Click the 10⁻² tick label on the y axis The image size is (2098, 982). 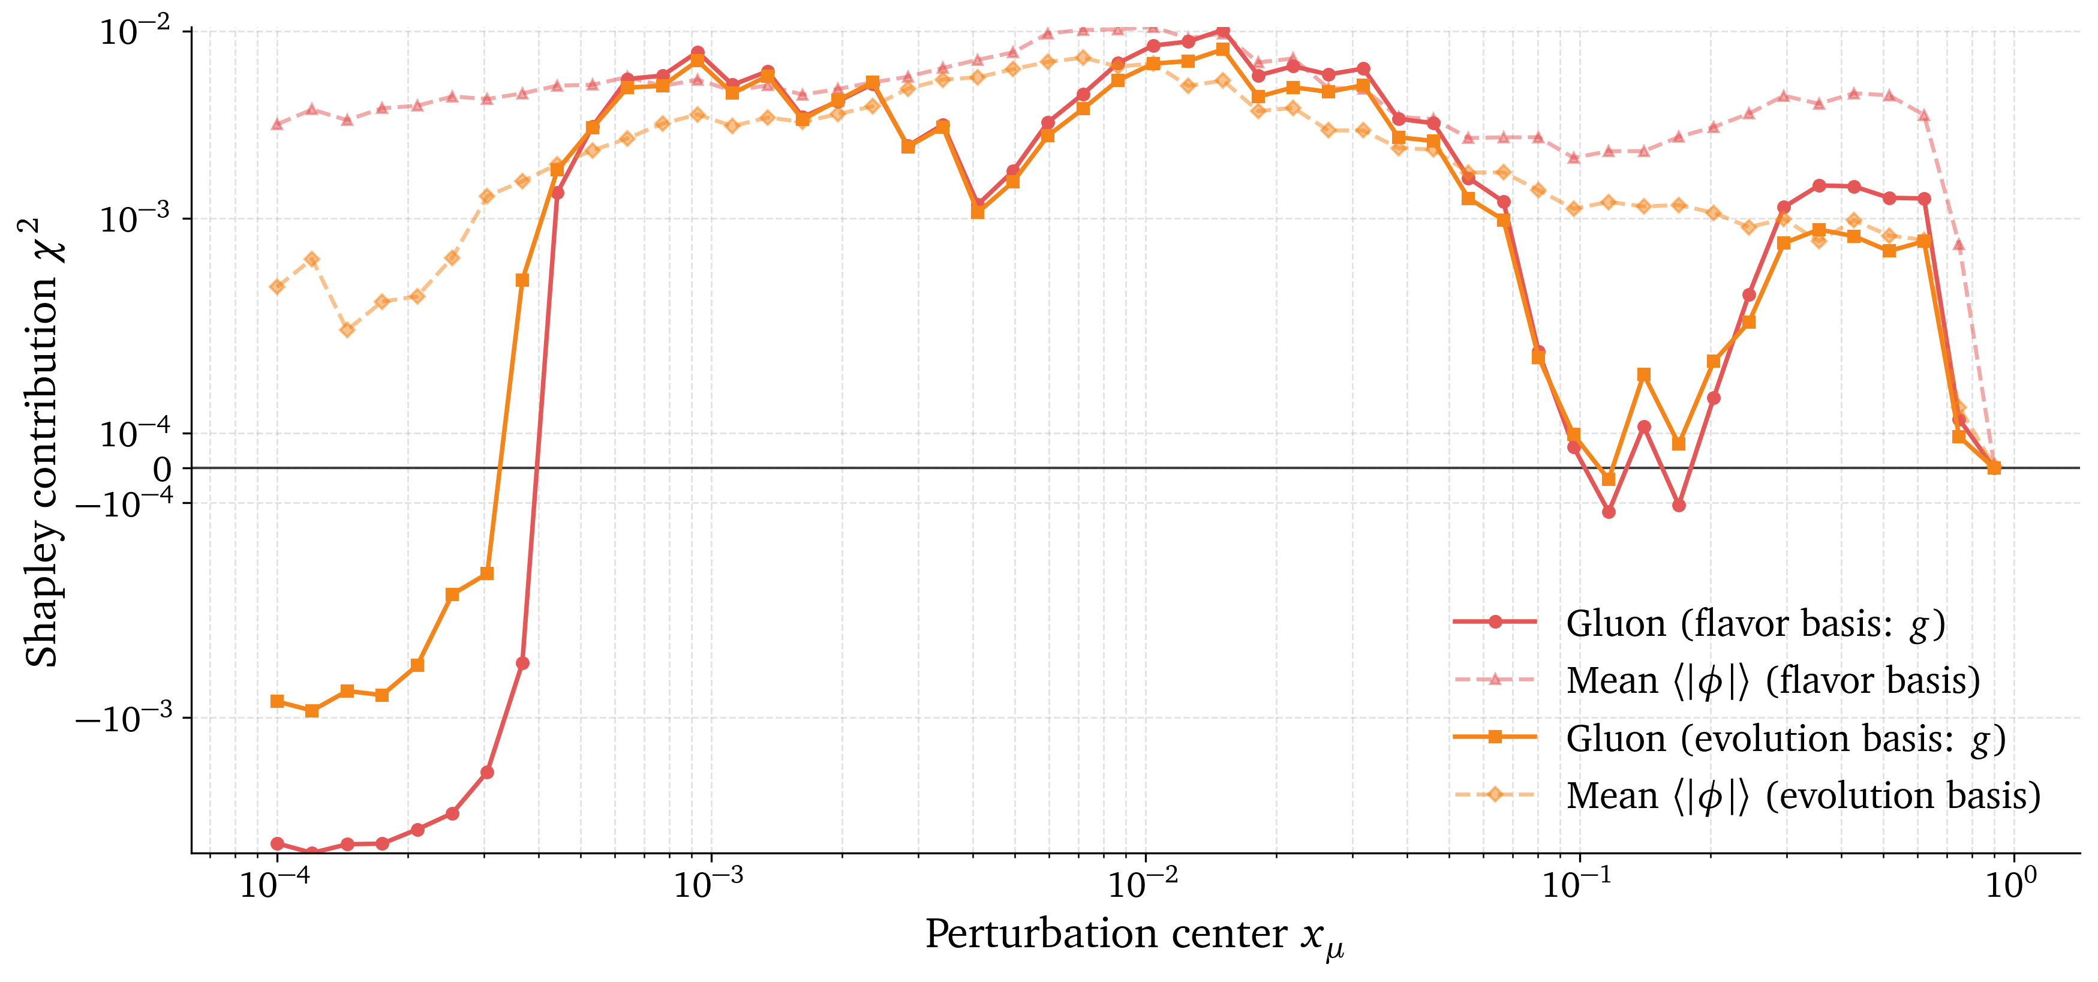(135, 32)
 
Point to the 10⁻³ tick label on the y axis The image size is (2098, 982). (135, 219)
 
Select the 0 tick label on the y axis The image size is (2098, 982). (162, 470)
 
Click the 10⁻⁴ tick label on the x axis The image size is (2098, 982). (277, 884)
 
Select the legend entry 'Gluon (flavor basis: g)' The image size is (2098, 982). (1755, 624)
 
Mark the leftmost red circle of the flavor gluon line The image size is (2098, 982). (278, 843)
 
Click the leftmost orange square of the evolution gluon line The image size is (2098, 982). (278, 701)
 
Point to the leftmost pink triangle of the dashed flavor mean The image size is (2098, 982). (278, 124)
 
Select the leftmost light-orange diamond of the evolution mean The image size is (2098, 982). (278, 287)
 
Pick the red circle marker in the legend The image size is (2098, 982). (1495, 622)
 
